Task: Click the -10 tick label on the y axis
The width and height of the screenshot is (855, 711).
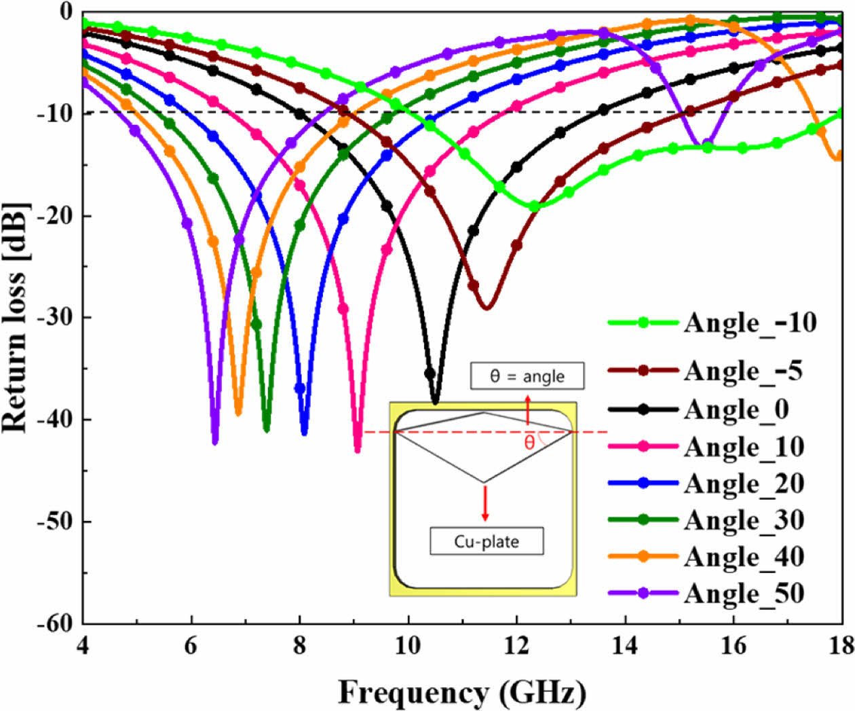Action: pos(54,113)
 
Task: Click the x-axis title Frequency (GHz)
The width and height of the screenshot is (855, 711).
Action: pos(461,693)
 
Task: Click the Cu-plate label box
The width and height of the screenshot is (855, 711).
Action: pos(487,541)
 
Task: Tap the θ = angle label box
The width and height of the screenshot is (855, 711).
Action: pos(527,376)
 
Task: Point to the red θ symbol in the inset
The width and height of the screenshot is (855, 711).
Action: pos(529,443)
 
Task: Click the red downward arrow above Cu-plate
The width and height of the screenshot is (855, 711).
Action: pos(484,503)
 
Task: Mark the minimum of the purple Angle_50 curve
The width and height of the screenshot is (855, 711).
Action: pos(215,442)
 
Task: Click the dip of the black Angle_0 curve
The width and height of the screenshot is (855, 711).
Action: pos(435,403)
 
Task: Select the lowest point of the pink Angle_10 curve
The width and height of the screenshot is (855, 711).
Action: pos(358,450)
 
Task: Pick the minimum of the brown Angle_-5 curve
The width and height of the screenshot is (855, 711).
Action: pos(486,308)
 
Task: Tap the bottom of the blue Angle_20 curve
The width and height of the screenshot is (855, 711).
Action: pos(304,433)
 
